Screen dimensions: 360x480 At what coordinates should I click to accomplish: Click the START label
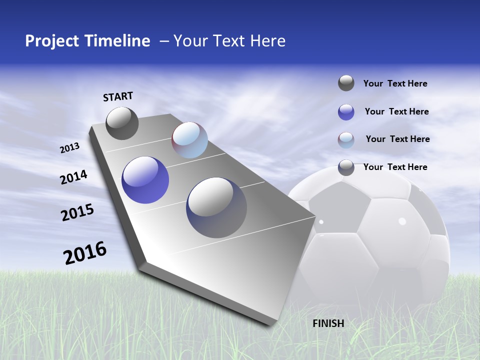(x=118, y=96)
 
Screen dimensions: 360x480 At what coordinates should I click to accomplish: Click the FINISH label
(x=328, y=323)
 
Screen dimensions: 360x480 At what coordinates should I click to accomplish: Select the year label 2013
(x=69, y=147)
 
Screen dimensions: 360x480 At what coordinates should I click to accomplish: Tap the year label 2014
(x=73, y=177)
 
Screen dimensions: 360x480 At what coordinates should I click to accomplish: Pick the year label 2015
(x=77, y=213)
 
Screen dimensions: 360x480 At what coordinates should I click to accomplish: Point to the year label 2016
(x=85, y=253)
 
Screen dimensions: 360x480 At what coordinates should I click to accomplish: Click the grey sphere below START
(x=122, y=123)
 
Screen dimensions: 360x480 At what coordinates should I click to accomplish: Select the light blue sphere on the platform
(x=189, y=140)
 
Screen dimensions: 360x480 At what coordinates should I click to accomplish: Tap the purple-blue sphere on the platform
(x=145, y=180)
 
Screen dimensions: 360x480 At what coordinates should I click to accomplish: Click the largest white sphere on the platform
(x=216, y=207)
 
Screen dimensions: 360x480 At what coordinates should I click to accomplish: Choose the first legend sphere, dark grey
(x=346, y=83)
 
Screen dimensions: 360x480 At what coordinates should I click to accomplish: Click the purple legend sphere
(x=346, y=112)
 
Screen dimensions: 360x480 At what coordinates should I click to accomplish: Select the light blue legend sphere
(x=346, y=140)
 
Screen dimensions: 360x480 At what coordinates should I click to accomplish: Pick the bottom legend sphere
(x=346, y=167)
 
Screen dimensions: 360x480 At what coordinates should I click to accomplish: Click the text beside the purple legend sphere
(x=396, y=111)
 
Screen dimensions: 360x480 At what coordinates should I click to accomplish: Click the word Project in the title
(x=52, y=41)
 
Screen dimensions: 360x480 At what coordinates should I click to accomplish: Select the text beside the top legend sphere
(x=395, y=83)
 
